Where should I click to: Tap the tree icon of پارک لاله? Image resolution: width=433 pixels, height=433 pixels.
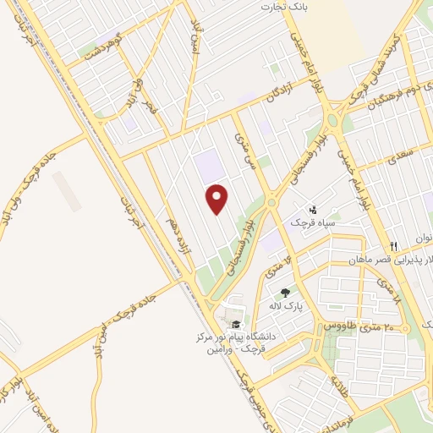296,292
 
